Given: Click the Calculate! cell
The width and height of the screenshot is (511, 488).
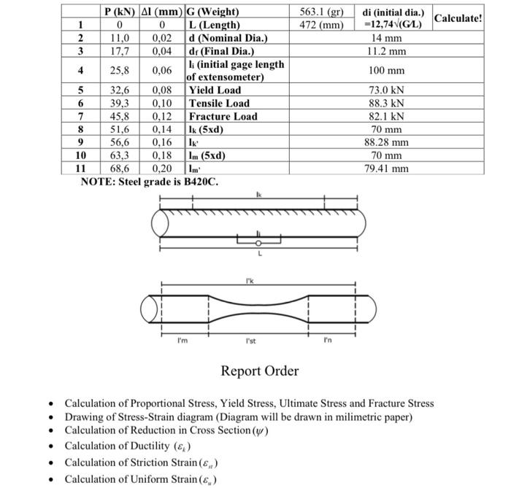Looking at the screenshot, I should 458,18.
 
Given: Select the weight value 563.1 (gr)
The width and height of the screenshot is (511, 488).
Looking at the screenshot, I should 321,12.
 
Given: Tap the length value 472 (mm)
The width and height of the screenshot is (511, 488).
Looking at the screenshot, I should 321,26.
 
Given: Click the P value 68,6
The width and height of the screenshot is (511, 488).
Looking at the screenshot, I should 119,169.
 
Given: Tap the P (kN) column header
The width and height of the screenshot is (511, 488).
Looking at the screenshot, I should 119,12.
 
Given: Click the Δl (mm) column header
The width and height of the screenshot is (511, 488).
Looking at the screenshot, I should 162,12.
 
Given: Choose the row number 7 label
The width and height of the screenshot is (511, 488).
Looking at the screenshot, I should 81,117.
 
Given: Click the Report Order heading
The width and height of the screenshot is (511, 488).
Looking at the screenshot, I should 260,371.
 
